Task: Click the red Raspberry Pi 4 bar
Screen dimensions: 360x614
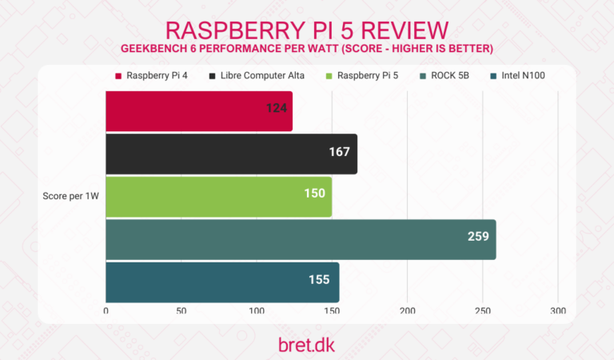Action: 199,111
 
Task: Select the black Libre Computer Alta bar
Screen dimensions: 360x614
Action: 231,154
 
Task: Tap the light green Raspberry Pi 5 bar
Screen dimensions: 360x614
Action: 218,197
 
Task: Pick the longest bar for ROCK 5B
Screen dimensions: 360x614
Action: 301,239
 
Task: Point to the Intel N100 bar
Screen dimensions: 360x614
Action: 222,282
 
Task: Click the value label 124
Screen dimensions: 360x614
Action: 277,108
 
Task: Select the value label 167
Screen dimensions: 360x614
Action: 340,151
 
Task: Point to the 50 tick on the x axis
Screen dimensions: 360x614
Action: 181,310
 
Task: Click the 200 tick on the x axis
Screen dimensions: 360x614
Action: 408,310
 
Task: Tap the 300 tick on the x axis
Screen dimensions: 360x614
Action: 558,310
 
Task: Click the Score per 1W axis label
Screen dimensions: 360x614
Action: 70,197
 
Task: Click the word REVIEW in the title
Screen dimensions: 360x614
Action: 393,30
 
